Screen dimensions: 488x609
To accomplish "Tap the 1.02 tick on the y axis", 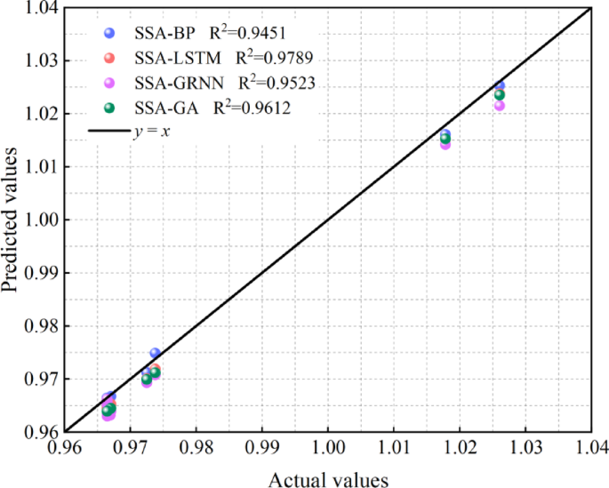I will pos(41,114).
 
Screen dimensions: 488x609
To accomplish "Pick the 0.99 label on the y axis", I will pos(41,273).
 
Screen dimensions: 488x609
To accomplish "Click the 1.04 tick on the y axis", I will pos(41,9).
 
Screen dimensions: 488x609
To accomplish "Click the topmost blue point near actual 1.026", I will pos(500,85).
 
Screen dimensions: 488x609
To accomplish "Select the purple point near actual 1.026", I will pos(500,106).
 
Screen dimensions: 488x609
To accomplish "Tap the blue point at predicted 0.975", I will pos(155,353).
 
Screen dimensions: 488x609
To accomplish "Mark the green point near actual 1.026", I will pos(499,95).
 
